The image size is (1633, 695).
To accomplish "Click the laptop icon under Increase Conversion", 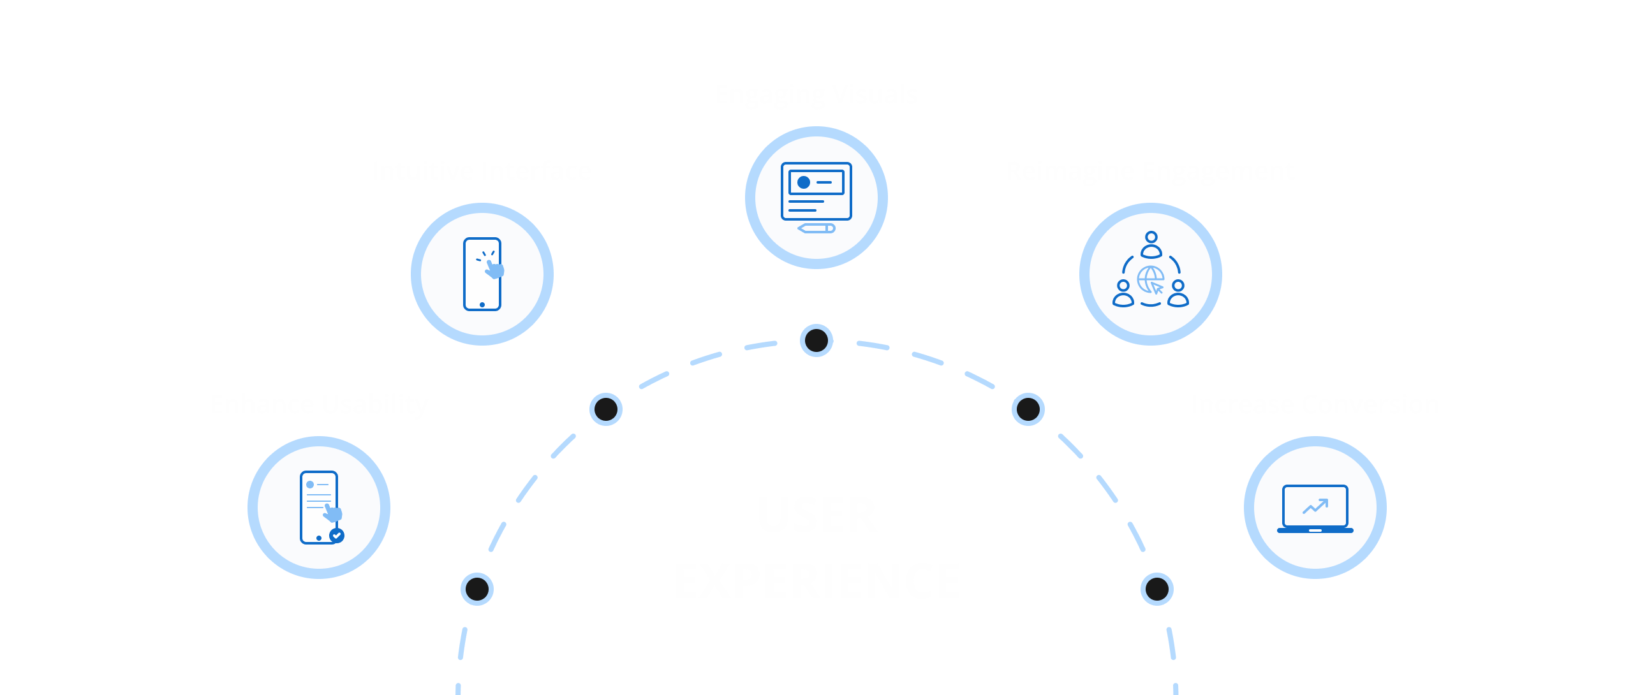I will click(1315, 508).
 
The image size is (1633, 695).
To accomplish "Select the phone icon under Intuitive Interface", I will click(482, 274).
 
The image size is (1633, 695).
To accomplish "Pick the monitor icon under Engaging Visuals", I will click(816, 191).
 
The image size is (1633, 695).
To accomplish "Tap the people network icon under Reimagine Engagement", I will click(1150, 271).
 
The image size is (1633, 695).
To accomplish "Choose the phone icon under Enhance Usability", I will click(319, 508).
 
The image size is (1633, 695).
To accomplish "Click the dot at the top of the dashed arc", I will click(816, 340).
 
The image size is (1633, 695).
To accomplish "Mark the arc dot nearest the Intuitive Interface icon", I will click(605, 409).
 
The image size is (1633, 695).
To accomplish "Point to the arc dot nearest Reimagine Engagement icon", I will click(1028, 409).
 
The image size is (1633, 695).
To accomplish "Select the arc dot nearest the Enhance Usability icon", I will click(477, 589).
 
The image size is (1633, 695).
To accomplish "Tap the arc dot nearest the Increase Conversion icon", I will click(1156, 589).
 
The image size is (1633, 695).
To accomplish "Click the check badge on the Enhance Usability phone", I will click(336, 536).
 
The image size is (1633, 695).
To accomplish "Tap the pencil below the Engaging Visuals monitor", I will click(816, 228).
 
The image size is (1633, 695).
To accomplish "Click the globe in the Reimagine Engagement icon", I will click(1150, 279).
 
